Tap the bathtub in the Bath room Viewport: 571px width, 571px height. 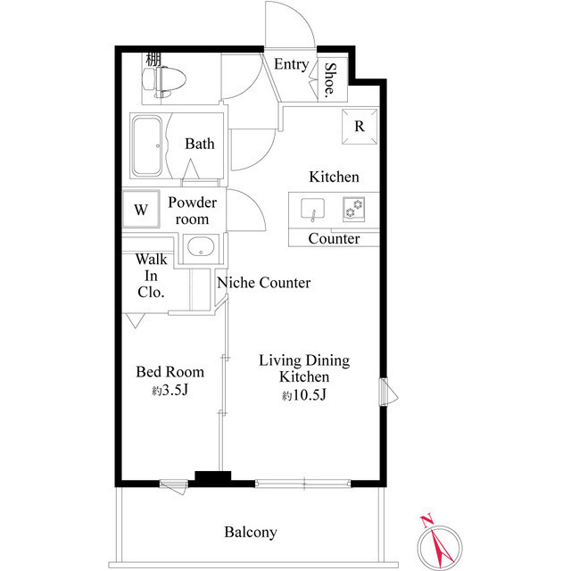click(148, 145)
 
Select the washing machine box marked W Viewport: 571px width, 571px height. click(140, 211)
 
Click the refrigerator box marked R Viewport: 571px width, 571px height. click(359, 126)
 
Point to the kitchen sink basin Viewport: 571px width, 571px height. click(312, 210)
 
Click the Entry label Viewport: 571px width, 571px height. click(291, 64)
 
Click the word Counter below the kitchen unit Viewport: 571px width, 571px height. click(334, 239)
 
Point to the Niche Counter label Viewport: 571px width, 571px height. click(263, 283)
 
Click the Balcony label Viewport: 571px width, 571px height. click(250, 533)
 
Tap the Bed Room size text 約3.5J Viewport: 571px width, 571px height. click(169, 391)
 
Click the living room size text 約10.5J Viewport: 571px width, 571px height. click(304, 395)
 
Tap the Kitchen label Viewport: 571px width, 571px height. click(334, 177)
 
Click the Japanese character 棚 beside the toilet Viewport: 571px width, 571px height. click(153, 60)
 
